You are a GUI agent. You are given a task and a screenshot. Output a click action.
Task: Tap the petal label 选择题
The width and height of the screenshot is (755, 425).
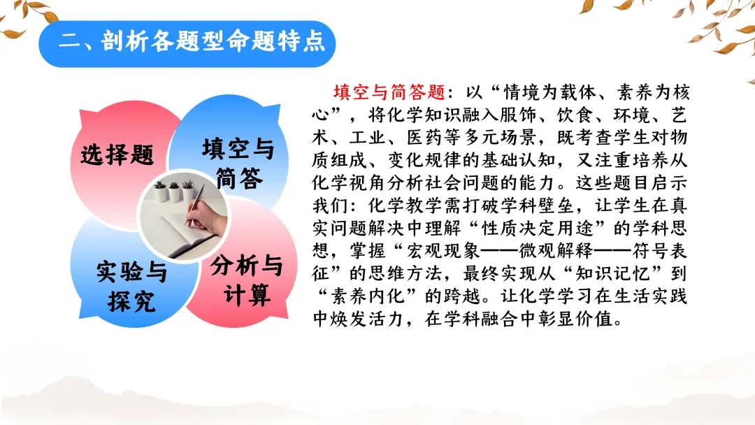117,155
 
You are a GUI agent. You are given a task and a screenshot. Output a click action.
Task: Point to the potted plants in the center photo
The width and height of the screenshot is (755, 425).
173,191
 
